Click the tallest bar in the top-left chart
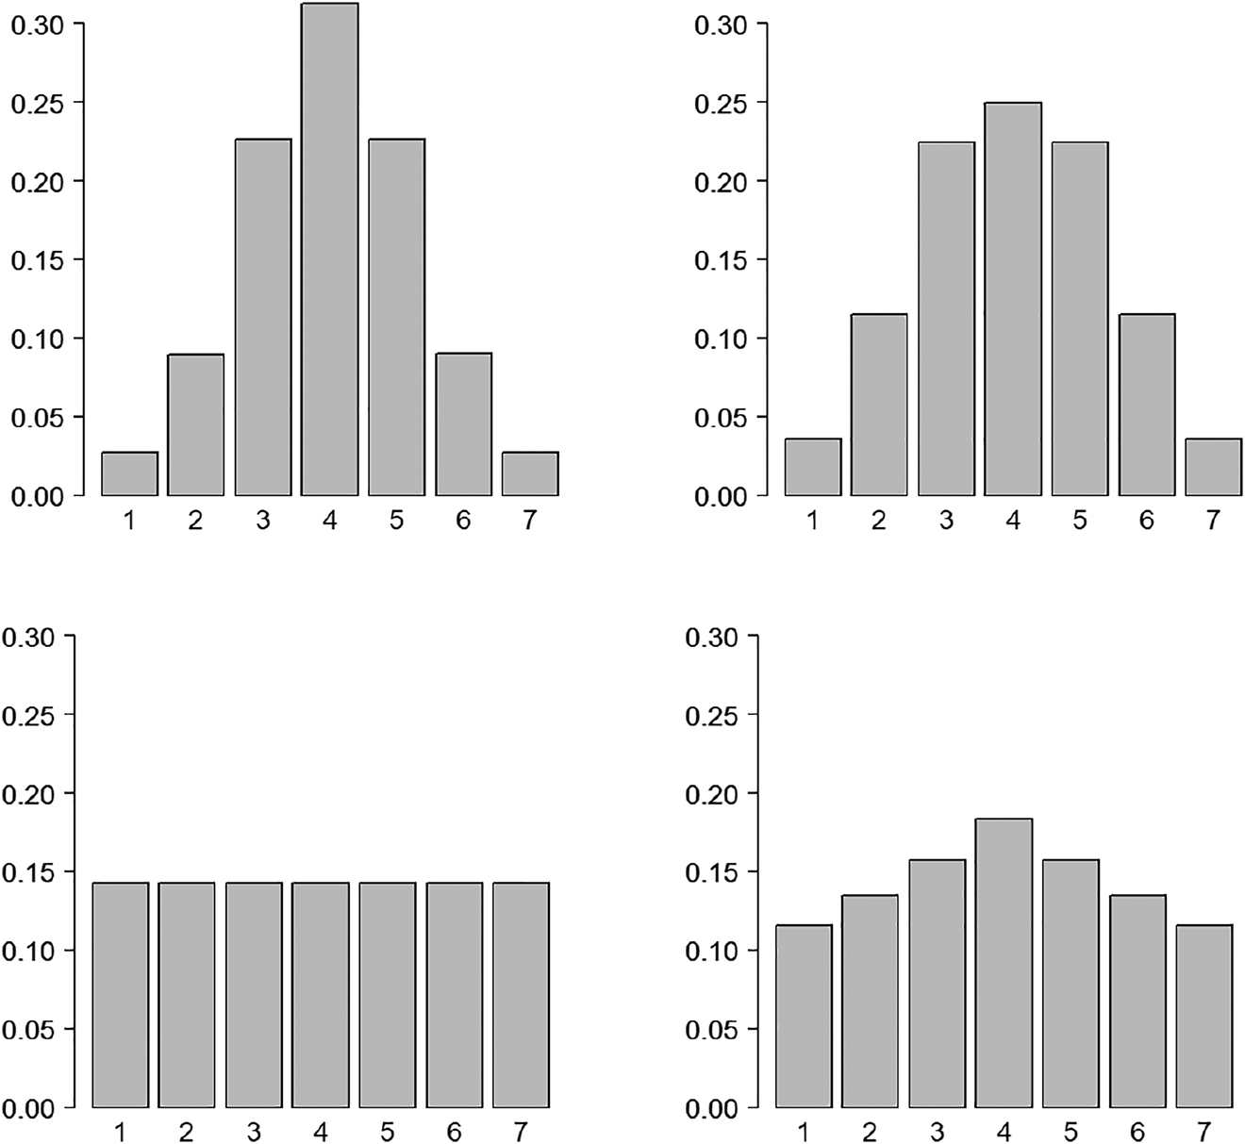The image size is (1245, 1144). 329,250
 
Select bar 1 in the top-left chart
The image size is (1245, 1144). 129,473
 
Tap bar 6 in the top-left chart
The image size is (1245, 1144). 463,424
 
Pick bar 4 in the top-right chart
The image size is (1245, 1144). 1013,299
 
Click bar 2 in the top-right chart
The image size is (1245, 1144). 879,405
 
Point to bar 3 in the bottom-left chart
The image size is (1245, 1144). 254,995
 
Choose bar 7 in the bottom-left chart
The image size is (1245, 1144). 521,995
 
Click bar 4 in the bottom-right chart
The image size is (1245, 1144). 1004,963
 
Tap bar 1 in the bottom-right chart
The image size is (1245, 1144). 804,1016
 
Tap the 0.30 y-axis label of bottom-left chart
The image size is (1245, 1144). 27,637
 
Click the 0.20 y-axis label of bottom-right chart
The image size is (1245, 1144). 712,793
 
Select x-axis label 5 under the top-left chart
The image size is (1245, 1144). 396,521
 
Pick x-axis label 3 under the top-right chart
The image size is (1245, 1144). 946,521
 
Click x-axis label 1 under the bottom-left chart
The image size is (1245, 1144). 121,1132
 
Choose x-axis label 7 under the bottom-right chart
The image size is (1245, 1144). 1203,1132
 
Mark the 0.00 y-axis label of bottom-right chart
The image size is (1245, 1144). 712,1107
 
